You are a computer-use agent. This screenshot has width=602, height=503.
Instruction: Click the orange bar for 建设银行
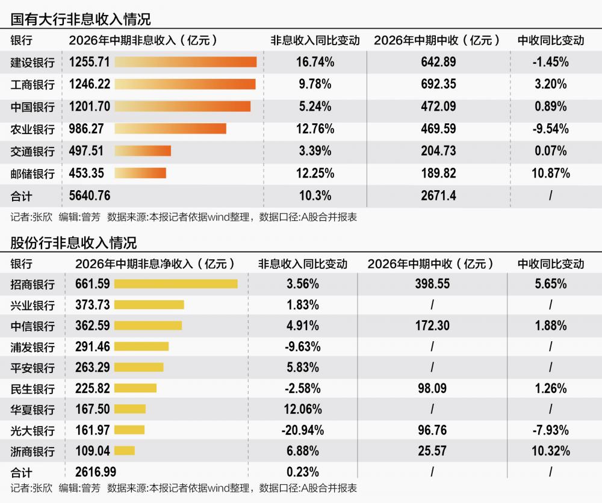coord(185,62)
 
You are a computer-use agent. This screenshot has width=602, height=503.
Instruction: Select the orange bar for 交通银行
coord(143,151)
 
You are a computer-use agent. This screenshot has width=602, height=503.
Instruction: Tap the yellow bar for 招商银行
coord(176,283)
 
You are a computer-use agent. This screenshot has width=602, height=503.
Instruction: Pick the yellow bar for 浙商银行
coord(125,451)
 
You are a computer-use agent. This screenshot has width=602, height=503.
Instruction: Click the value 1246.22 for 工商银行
coord(90,84)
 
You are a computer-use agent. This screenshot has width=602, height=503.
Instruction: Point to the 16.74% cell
coord(315,62)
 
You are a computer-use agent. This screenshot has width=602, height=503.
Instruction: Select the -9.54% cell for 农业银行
coord(551,129)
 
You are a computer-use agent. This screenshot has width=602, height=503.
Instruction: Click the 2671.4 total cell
coord(438,196)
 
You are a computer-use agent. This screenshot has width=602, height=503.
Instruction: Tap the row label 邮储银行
coord(33,173)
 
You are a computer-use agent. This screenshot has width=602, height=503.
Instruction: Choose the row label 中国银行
coord(33,106)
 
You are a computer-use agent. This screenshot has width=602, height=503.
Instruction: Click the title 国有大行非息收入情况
coord(81,19)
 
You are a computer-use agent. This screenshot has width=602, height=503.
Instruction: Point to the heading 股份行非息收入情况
coord(73,243)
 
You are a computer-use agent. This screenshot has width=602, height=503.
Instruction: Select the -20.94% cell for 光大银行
coord(303,430)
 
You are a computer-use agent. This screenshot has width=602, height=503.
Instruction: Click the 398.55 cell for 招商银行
coord(432,284)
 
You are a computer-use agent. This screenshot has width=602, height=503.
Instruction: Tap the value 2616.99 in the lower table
coord(96,472)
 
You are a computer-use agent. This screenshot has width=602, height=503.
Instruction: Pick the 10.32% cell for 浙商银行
coord(551,451)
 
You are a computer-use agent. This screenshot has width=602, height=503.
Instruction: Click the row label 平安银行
coord(33,368)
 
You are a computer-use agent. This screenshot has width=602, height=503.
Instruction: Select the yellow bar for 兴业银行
coord(149,304)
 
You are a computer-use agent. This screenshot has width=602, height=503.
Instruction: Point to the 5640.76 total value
coord(90,196)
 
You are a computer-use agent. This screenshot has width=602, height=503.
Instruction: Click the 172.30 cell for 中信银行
coord(432,326)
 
